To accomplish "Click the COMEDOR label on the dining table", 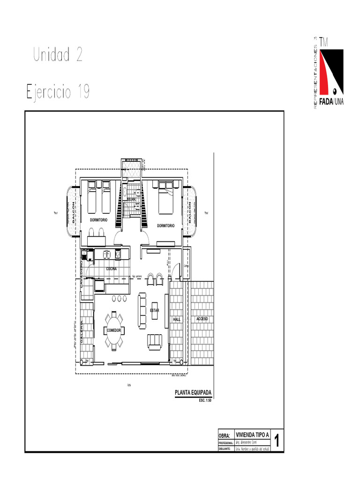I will click(114, 330).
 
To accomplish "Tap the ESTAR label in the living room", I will click(155, 311).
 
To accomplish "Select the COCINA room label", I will click(111, 269).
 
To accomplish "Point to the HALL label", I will click(177, 319).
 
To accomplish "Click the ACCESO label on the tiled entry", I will click(202, 319).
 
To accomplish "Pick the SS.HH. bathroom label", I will click(131, 200).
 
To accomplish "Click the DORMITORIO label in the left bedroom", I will click(98, 219).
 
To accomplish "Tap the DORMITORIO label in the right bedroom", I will click(165, 225).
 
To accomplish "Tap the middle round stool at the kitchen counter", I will click(119, 298).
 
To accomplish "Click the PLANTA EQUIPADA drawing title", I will click(193, 393).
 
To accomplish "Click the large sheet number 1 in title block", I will click(277, 441).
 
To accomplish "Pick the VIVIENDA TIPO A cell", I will click(252, 435).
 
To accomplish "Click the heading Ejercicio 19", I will click(59, 91).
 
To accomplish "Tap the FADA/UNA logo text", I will click(331, 102).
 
